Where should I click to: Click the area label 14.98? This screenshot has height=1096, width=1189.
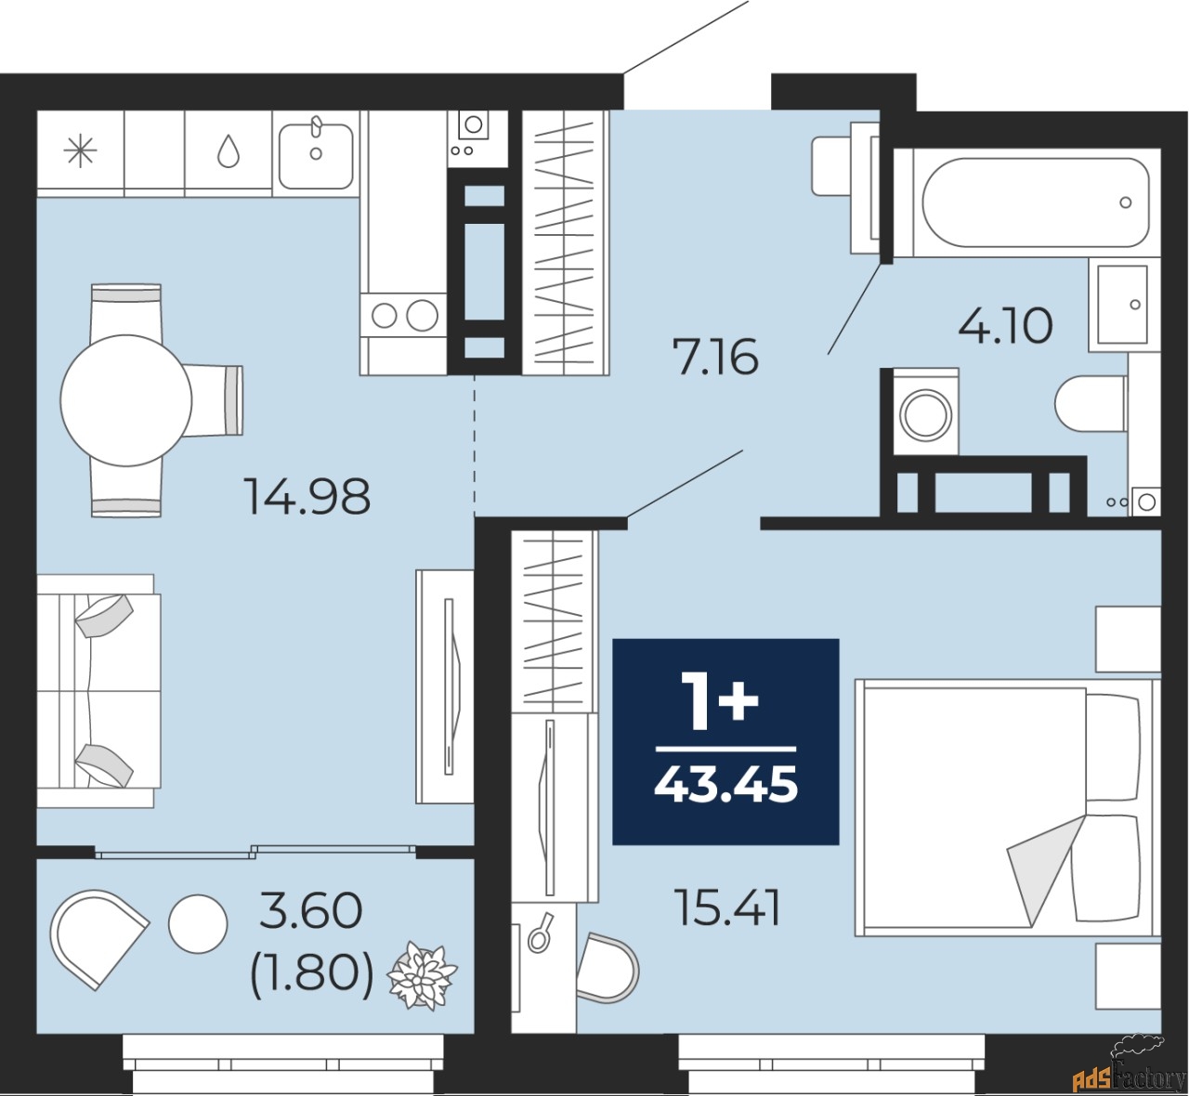307,496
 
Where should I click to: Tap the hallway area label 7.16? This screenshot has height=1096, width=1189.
716,357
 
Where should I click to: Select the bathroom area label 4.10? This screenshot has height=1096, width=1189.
1005,326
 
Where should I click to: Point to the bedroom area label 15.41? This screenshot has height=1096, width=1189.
728,907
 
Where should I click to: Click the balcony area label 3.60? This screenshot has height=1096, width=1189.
310,911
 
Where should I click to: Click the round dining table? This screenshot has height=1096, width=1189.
125,400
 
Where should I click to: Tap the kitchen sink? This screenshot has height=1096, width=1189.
316,154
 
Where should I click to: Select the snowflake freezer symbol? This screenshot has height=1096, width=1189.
80,151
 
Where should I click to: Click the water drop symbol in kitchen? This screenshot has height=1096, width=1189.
228,151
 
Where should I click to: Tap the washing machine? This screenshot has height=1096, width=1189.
925,412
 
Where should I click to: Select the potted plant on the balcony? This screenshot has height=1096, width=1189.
422,975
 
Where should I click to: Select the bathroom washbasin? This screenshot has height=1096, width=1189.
1122,305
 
